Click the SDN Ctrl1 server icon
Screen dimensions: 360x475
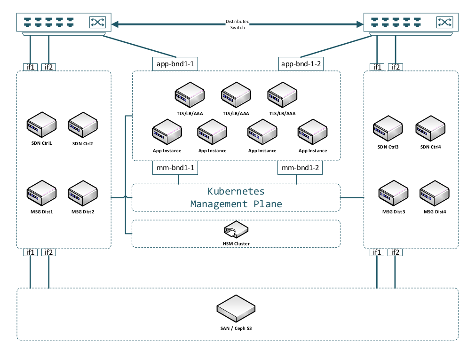pos(41,125)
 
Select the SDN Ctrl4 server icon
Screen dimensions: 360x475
pos(430,128)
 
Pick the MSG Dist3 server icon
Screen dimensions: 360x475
pos(394,194)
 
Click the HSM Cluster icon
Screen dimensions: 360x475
pos(236,230)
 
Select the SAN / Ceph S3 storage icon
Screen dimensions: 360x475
pos(236,308)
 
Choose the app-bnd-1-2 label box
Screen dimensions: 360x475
pos(301,64)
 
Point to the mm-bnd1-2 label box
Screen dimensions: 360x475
pos(300,167)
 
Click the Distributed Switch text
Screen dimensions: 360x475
pos(237,24)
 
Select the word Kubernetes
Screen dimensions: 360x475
pos(236,192)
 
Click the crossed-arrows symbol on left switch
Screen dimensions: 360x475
pos(97,22)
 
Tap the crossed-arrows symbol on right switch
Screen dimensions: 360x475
pos(444,22)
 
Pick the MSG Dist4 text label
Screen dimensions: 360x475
pos(435,212)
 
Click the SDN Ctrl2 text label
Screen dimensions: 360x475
pos(83,144)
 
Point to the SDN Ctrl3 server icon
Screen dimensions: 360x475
pos(388,128)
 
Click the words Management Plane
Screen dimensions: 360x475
pos(236,204)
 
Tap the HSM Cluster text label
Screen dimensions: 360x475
pos(236,243)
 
